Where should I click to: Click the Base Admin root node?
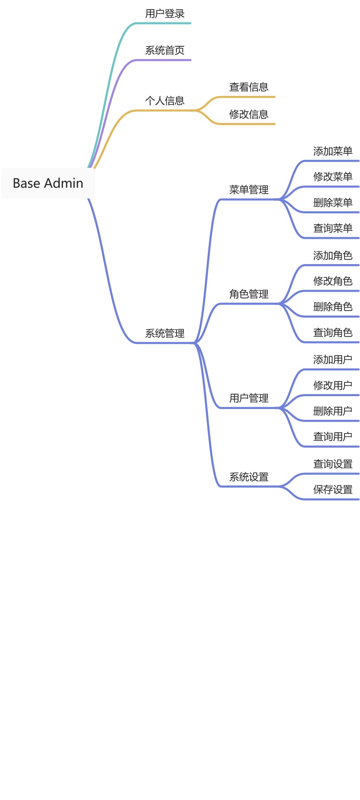pyautogui.click(x=48, y=183)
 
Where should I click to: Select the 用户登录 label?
pyautogui.click(x=165, y=14)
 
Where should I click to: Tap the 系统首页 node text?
pyautogui.click(x=165, y=50)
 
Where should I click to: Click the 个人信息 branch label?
pyautogui.click(x=165, y=101)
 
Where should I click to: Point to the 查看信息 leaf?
pyautogui.click(x=249, y=87)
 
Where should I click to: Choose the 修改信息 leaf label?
pyautogui.click(x=249, y=114)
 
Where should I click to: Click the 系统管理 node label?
pyautogui.click(x=165, y=333)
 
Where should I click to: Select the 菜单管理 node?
pyautogui.click(x=249, y=190)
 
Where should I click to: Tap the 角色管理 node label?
pyautogui.click(x=249, y=294)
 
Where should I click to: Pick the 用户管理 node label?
pyautogui.click(x=249, y=398)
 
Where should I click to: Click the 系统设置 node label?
pyautogui.click(x=249, y=477)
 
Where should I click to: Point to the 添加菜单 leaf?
pyautogui.click(x=333, y=151)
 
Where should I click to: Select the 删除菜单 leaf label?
pyautogui.click(x=333, y=202)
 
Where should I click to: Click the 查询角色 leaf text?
pyautogui.click(x=333, y=333)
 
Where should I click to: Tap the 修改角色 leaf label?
pyautogui.click(x=333, y=281)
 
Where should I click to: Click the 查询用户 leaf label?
pyautogui.click(x=333, y=437)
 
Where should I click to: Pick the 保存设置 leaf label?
pyautogui.click(x=333, y=490)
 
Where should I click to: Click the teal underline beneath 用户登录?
pyautogui.click(x=165, y=23)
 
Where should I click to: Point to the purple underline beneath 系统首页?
pyautogui.click(x=165, y=60)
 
